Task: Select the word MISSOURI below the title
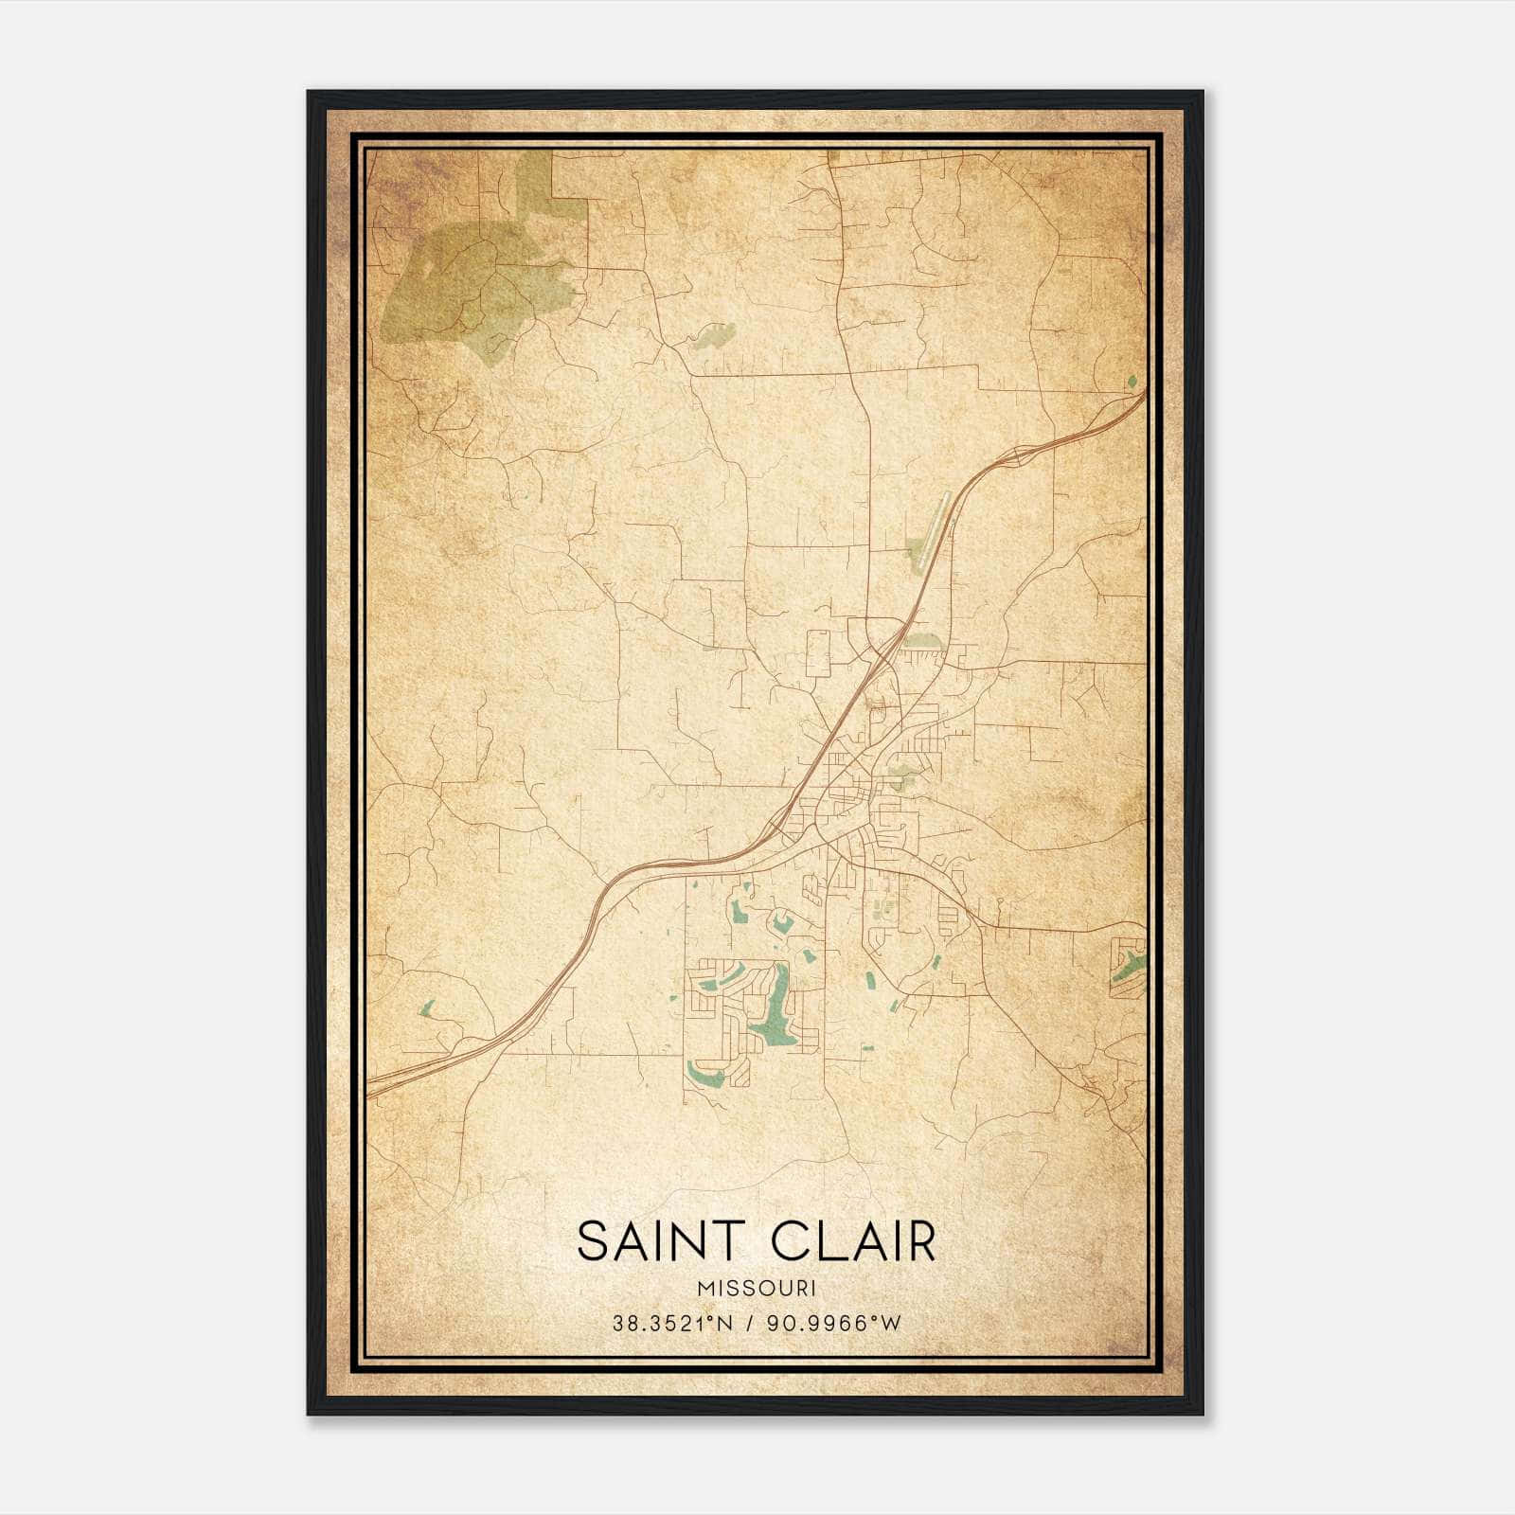756,1289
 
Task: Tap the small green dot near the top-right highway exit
1132,382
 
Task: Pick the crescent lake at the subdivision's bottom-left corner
705,1075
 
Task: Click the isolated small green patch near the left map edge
426,1008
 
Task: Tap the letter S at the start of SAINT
591,1242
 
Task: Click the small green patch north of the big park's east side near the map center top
715,336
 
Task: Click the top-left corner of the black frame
310,93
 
